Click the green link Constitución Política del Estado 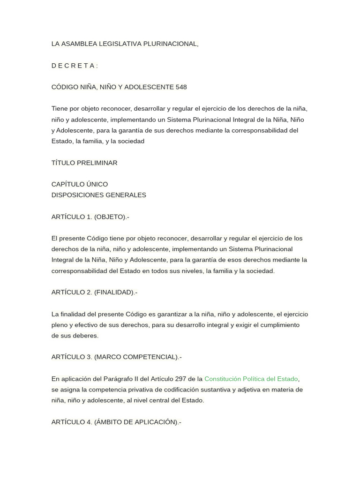tap(251, 379)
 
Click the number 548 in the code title tap(181, 87)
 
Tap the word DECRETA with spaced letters tap(74, 66)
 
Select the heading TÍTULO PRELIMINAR tap(84, 163)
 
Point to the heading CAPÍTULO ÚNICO tap(80, 184)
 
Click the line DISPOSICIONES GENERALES tap(99, 195)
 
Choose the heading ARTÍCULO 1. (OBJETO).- tap(90, 217)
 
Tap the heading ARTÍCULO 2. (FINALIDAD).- tap(94, 292)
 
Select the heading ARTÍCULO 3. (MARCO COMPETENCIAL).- tap(116, 357)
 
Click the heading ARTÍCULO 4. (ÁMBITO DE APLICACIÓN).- tap(116, 422)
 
